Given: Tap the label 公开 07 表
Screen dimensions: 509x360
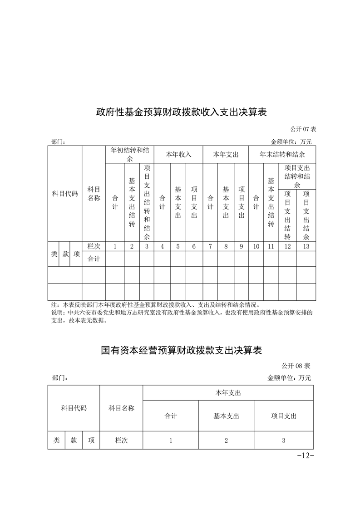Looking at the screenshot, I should tap(300, 130).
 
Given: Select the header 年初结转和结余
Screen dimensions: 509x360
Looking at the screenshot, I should tap(130, 154).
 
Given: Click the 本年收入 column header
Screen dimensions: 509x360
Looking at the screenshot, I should tap(178, 154).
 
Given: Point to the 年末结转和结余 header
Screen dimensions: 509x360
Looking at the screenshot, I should tap(282, 154).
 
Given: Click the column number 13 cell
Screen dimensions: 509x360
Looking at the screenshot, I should tap(306, 246).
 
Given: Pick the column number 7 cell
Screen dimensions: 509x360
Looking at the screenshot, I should tap(210, 246).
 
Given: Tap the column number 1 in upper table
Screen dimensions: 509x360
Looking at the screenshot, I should tap(115, 246).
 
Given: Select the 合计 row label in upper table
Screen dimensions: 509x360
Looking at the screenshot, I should tap(94, 259).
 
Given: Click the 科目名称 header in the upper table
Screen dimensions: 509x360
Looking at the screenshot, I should tap(94, 193).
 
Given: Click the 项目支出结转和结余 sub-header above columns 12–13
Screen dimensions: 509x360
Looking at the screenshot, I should tap(297, 176).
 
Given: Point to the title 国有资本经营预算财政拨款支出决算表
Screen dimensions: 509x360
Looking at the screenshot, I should tap(181, 351).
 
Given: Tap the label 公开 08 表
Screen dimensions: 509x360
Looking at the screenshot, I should tap(295, 366).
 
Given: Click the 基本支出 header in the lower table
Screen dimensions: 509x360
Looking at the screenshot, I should tap(226, 416).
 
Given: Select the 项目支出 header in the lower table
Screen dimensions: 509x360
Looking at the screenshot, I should tap(284, 416).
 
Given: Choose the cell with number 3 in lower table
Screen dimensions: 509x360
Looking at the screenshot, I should tap(284, 440).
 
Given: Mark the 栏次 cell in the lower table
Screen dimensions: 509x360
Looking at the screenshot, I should tap(121, 440).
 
